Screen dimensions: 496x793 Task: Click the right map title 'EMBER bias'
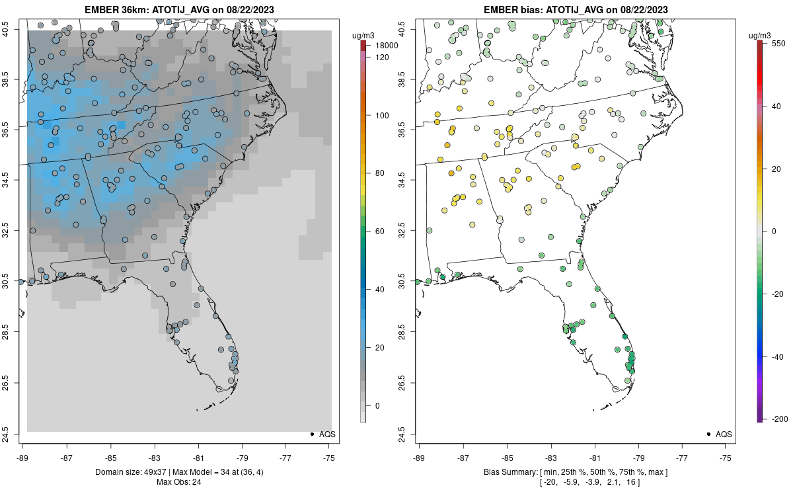(513, 10)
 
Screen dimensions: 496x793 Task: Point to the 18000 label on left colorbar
(388, 46)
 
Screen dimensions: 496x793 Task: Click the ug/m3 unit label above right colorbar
(760, 34)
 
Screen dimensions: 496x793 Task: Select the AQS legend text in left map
(328, 434)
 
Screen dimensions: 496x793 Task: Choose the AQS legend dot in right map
(708, 434)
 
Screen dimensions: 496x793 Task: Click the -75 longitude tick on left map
(329, 458)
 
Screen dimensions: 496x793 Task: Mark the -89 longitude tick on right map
(420, 458)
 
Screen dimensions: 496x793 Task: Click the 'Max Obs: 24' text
(179, 482)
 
